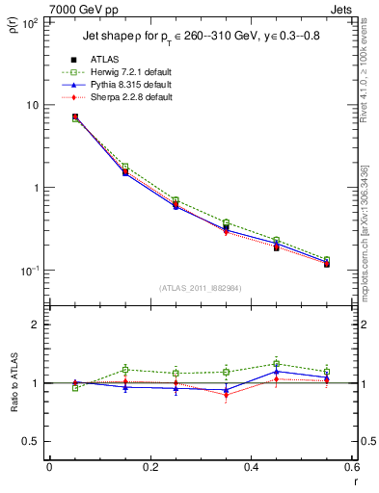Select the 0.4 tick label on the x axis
tap(251, 468)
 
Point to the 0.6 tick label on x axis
tap(350, 468)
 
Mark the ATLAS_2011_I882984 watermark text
tap(202, 287)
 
